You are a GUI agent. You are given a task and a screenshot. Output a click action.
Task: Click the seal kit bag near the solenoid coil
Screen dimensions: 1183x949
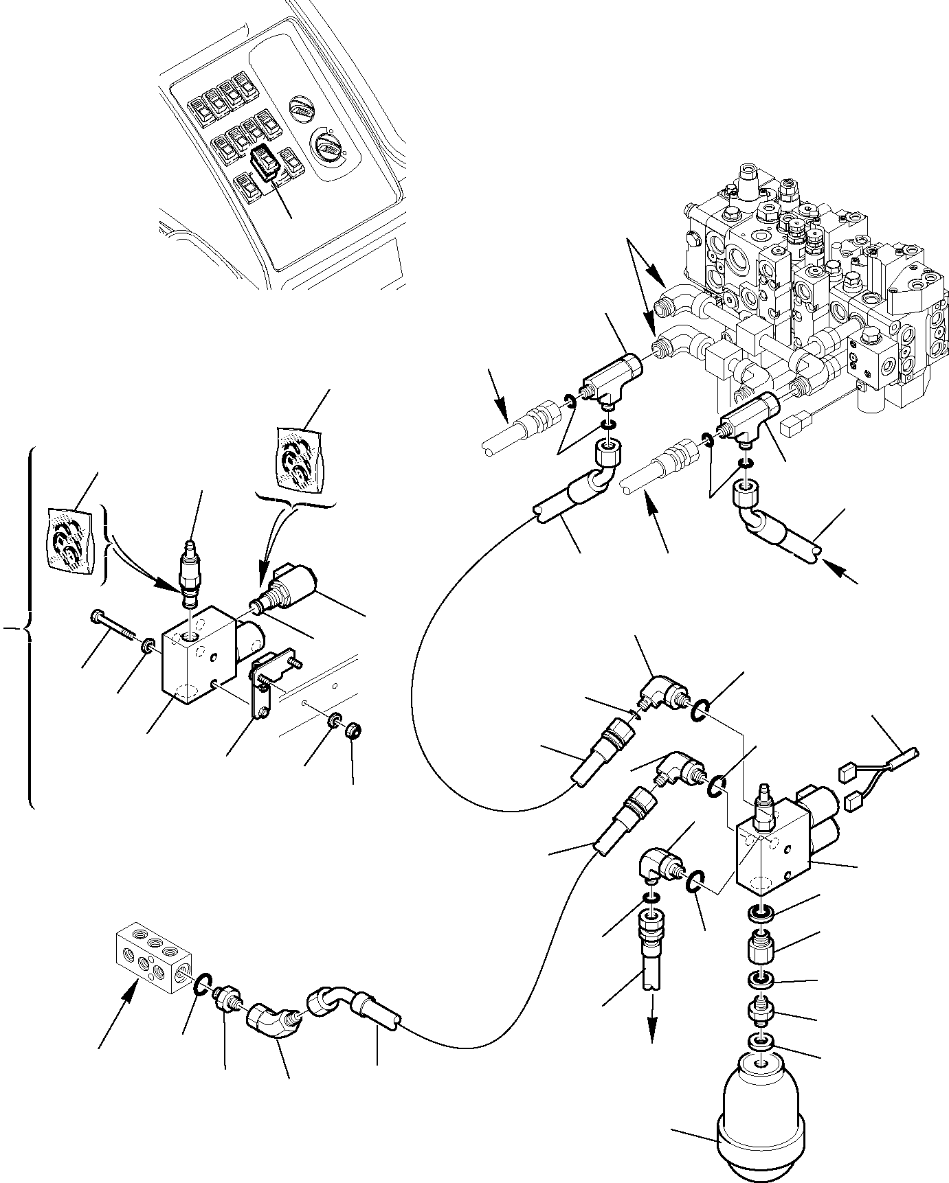300,458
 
